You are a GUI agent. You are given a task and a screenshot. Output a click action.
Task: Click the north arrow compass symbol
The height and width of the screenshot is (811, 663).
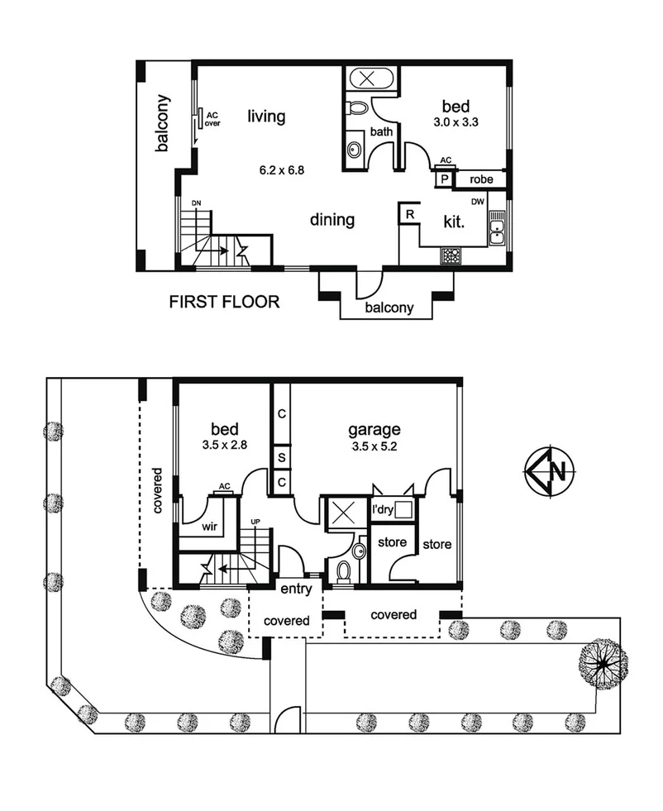546,472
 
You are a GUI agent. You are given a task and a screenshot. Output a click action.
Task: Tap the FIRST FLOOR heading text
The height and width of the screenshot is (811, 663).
224,303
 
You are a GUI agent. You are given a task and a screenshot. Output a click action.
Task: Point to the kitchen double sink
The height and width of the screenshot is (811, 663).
498,229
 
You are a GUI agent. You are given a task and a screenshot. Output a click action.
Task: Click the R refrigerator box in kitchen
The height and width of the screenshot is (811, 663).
409,214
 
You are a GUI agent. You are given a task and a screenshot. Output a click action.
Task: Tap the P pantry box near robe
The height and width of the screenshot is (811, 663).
445,179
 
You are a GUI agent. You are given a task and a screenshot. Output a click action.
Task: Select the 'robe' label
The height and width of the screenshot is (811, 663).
482,179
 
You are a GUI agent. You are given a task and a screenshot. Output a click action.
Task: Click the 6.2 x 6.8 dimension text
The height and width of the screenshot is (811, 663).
282,171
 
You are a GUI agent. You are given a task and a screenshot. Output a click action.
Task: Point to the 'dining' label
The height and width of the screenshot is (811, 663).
332,220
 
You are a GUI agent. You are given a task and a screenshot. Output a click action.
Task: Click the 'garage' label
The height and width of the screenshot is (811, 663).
374,429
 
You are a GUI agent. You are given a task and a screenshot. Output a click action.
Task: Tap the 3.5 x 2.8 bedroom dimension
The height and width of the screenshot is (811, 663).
224,444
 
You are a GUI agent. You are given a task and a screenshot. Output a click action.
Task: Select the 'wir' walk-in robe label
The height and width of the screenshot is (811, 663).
209,524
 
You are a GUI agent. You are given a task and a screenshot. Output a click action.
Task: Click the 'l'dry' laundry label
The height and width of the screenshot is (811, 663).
382,510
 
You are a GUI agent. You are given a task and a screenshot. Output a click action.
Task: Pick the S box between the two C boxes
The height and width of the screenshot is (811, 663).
281,457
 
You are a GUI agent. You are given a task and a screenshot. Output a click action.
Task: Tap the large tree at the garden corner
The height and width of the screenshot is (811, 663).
603,664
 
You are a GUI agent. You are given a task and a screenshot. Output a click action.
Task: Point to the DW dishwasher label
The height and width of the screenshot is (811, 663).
477,202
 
